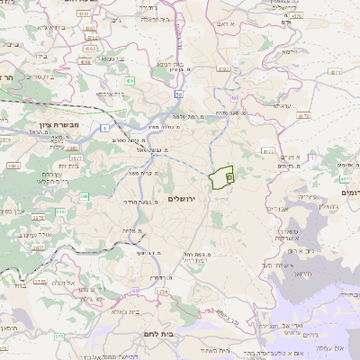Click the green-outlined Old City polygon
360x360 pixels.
(x=220, y=177)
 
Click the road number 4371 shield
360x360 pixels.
(x=302, y=116)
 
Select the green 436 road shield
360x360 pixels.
(x=130, y=81)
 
